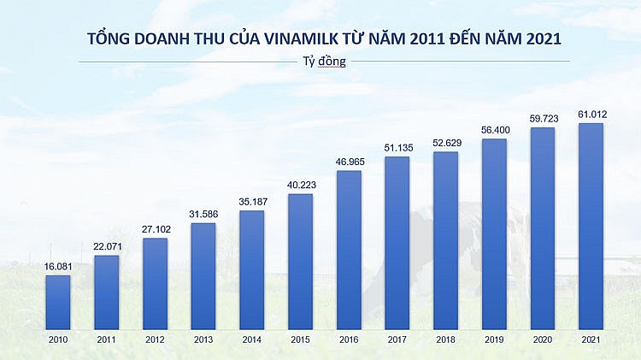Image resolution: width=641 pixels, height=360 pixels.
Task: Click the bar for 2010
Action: [x=57, y=302]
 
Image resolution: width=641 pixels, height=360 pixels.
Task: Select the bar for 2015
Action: [x=300, y=262]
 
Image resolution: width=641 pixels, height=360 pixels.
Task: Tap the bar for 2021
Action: [x=591, y=227]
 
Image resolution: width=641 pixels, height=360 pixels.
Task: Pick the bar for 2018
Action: [x=445, y=240]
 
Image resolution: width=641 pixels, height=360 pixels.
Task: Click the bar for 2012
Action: [x=155, y=283]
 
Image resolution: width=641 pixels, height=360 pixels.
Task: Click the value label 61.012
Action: [x=591, y=115]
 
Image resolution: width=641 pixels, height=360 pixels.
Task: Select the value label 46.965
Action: [x=349, y=162]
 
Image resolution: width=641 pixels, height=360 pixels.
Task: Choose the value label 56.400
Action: [x=494, y=130]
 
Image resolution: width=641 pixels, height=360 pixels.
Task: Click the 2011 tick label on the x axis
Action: [x=106, y=339]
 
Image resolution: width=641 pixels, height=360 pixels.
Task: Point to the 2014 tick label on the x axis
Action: [x=251, y=339]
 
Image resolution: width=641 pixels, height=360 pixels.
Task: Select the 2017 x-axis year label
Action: [x=397, y=339]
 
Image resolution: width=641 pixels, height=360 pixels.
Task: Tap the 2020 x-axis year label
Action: [x=543, y=339]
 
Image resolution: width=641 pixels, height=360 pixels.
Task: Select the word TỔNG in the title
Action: [x=109, y=39]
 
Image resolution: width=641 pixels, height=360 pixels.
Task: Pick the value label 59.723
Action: [x=543, y=119]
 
